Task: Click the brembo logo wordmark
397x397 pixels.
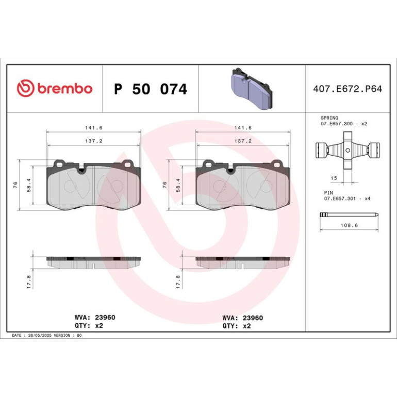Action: tap(65, 88)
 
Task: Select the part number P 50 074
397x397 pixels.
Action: tap(151, 89)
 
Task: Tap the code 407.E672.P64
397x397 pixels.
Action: tap(348, 89)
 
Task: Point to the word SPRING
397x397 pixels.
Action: tap(329, 118)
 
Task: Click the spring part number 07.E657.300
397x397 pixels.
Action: tap(337, 124)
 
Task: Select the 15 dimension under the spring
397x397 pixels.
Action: tap(334, 178)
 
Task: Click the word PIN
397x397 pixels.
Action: tap(328, 193)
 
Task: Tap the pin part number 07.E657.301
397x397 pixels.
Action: tap(340, 198)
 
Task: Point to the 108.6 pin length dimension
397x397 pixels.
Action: tap(349, 225)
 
